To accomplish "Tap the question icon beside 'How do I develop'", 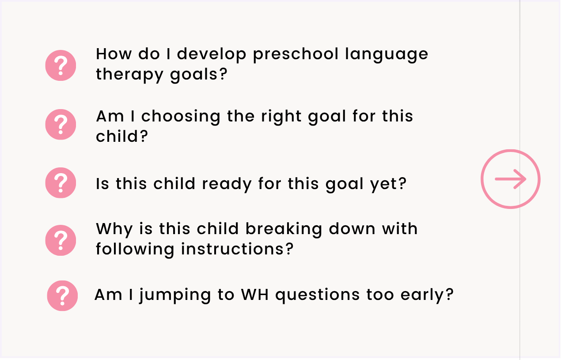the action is point(61,65).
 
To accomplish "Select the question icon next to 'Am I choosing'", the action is point(61,124).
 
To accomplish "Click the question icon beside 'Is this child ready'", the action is point(61,182).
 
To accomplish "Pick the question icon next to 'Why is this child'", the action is point(61,240).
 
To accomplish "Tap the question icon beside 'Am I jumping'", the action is point(62,296).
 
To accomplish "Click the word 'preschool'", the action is point(296,55).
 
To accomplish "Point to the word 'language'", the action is point(387,55).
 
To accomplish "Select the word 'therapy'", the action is point(129,75).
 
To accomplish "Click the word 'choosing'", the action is point(181,117).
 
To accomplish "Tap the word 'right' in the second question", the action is point(281,117).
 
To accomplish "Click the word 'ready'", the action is point(227,184).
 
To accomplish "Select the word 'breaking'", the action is point(284,230).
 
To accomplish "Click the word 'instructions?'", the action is point(237,250).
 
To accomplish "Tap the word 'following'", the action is point(135,250).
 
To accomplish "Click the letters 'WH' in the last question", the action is point(255,295).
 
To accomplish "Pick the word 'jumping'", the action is point(175,296).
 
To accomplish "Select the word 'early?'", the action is point(427,296).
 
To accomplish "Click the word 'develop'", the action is point(212,55).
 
